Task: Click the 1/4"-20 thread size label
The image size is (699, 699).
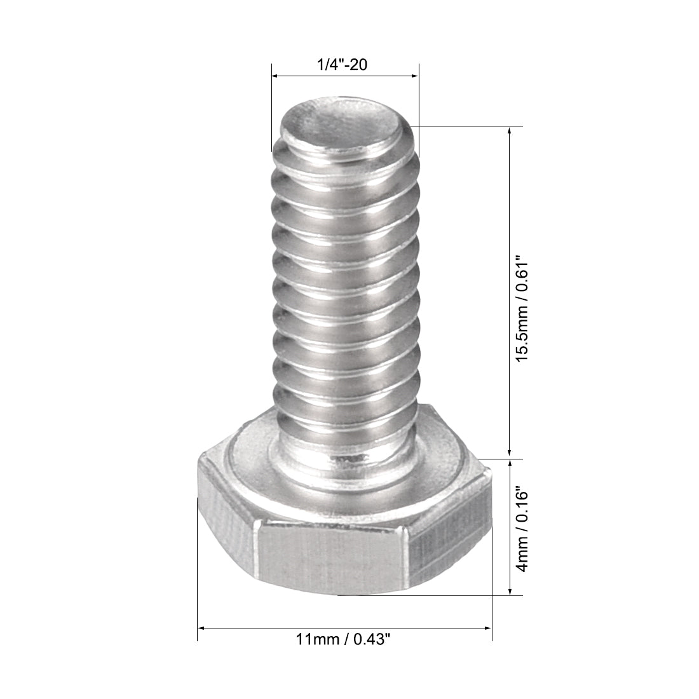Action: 345,65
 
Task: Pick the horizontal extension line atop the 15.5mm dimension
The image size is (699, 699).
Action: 470,126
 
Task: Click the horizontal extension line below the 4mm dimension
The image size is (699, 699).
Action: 432,595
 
